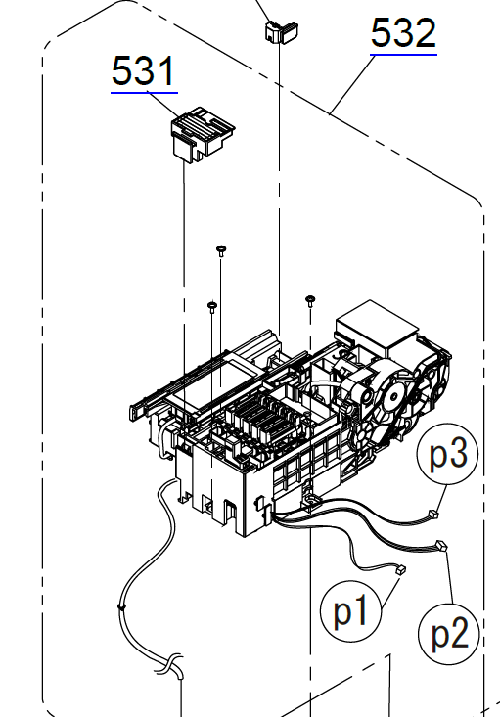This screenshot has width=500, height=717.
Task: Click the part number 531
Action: coord(144,70)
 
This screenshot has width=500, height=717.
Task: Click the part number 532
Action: coord(403,32)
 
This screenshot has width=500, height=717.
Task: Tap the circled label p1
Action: coord(350,610)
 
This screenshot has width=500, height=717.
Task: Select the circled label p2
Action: coord(449,634)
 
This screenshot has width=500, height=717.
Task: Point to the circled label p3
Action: coord(448,454)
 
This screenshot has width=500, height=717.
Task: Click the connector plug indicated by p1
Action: coord(400,569)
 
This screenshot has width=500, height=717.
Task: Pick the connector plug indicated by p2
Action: coord(441,546)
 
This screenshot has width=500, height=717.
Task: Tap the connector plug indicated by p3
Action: coord(433,515)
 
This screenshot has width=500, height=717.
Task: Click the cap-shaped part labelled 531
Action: coord(203,134)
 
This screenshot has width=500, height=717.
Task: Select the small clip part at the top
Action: coord(282,31)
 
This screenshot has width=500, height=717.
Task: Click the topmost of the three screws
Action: coord(221,250)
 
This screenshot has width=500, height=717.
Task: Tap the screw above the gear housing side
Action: coord(310,301)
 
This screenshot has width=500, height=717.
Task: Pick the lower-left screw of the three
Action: coord(212,306)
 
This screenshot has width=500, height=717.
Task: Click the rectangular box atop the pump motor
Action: coord(377,327)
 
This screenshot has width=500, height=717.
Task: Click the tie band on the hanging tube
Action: coord(121,607)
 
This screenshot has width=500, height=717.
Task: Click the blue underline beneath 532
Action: coord(403,55)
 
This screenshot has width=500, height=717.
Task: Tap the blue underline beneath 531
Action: coord(144,92)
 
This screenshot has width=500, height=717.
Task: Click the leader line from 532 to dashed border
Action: coord(350,84)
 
